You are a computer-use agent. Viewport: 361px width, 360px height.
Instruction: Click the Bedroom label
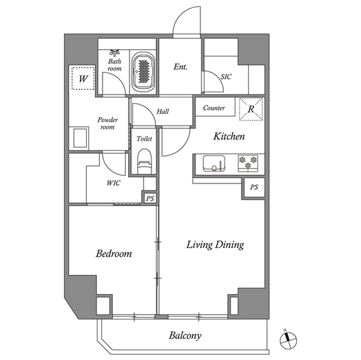pos(113,254)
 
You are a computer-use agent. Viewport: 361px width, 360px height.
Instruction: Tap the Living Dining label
pos(215,245)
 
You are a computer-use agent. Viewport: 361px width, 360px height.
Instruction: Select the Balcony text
pos(185,336)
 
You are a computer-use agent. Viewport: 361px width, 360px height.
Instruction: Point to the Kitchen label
pos(228,136)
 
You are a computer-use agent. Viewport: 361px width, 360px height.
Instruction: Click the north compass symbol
pos(288,340)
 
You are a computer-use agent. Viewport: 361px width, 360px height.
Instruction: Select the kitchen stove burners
pos(248,163)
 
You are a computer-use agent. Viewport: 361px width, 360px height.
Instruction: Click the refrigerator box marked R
pos(251,109)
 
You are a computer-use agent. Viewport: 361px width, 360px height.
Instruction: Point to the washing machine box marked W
pos(82,78)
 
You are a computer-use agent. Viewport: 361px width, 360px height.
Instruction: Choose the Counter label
pos(214,108)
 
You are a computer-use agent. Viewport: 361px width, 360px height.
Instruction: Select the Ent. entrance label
pos(180,67)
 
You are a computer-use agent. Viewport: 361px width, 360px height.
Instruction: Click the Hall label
pos(162,112)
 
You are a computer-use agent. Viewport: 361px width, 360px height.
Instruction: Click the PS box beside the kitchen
pos(254,187)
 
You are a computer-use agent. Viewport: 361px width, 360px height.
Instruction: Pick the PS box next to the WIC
pos(150,198)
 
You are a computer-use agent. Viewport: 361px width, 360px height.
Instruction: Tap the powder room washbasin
pos(79,137)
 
